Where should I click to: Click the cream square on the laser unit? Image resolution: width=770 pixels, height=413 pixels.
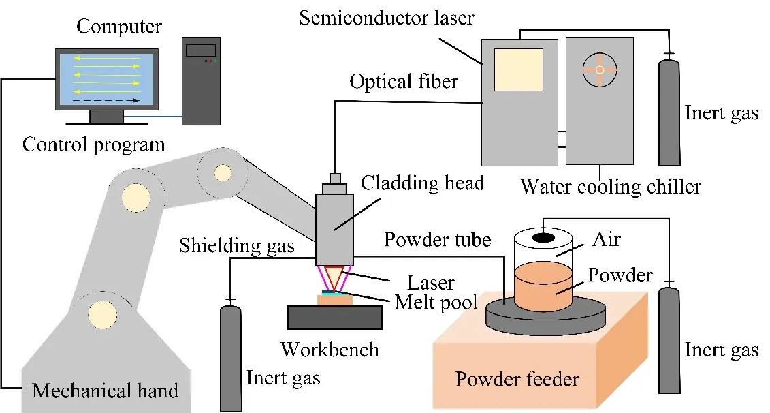(x=519, y=70)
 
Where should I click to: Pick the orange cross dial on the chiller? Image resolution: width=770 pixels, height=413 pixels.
(x=599, y=70)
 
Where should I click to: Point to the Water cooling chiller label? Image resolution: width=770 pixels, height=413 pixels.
(x=611, y=186)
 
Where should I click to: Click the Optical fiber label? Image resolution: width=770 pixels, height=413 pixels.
(x=404, y=82)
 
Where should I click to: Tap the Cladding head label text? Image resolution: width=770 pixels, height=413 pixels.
(x=422, y=183)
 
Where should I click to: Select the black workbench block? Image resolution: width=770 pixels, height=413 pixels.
(x=334, y=317)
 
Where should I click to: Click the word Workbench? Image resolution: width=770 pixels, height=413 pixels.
(x=330, y=350)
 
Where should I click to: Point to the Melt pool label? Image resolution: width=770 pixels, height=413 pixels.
(x=436, y=301)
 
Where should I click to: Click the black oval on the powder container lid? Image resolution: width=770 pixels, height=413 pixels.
(x=543, y=237)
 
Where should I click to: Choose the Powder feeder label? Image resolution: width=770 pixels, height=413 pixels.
(x=518, y=378)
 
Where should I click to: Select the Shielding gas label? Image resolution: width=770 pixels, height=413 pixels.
(x=237, y=245)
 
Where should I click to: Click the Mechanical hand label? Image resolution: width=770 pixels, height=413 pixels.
(x=106, y=391)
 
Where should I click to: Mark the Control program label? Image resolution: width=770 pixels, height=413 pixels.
(x=94, y=144)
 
